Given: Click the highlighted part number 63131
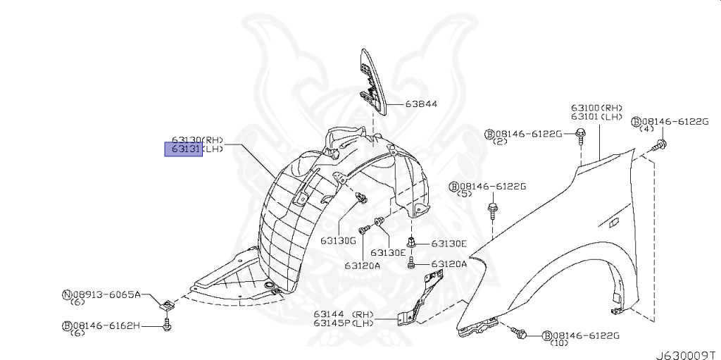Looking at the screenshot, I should [184, 149].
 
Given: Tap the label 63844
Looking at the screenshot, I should [421, 104].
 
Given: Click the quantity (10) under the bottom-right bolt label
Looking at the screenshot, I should [560, 344].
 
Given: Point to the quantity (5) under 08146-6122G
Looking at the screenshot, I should [465, 194].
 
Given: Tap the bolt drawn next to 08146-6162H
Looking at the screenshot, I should [167, 325].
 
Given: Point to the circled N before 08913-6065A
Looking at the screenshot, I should [67, 294].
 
